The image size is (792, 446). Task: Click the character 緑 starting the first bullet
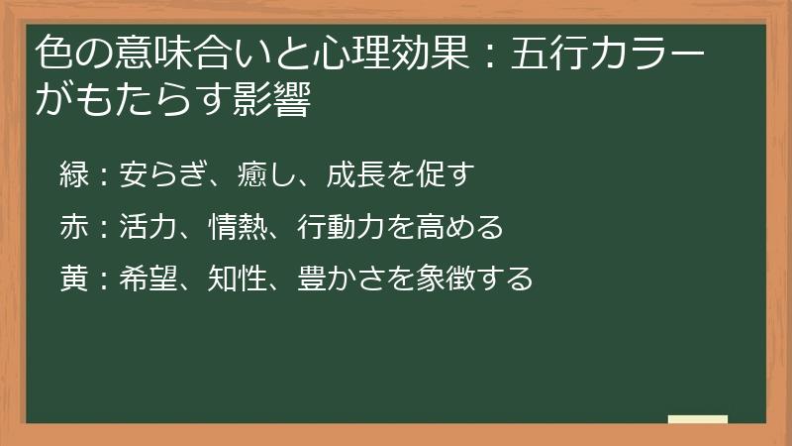click(x=75, y=175)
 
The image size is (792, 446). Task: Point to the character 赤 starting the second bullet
click(x=75, y=228)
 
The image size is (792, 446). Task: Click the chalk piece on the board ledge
click(x=698, y=419)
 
